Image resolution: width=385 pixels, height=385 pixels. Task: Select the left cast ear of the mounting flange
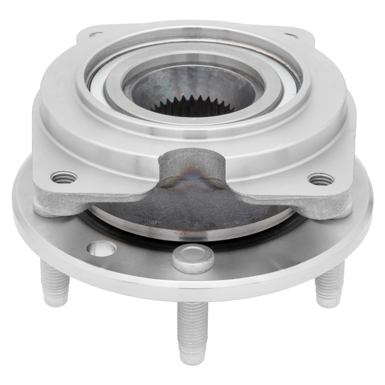coord(58,196)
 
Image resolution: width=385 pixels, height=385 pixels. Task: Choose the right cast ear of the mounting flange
coord(327,198)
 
